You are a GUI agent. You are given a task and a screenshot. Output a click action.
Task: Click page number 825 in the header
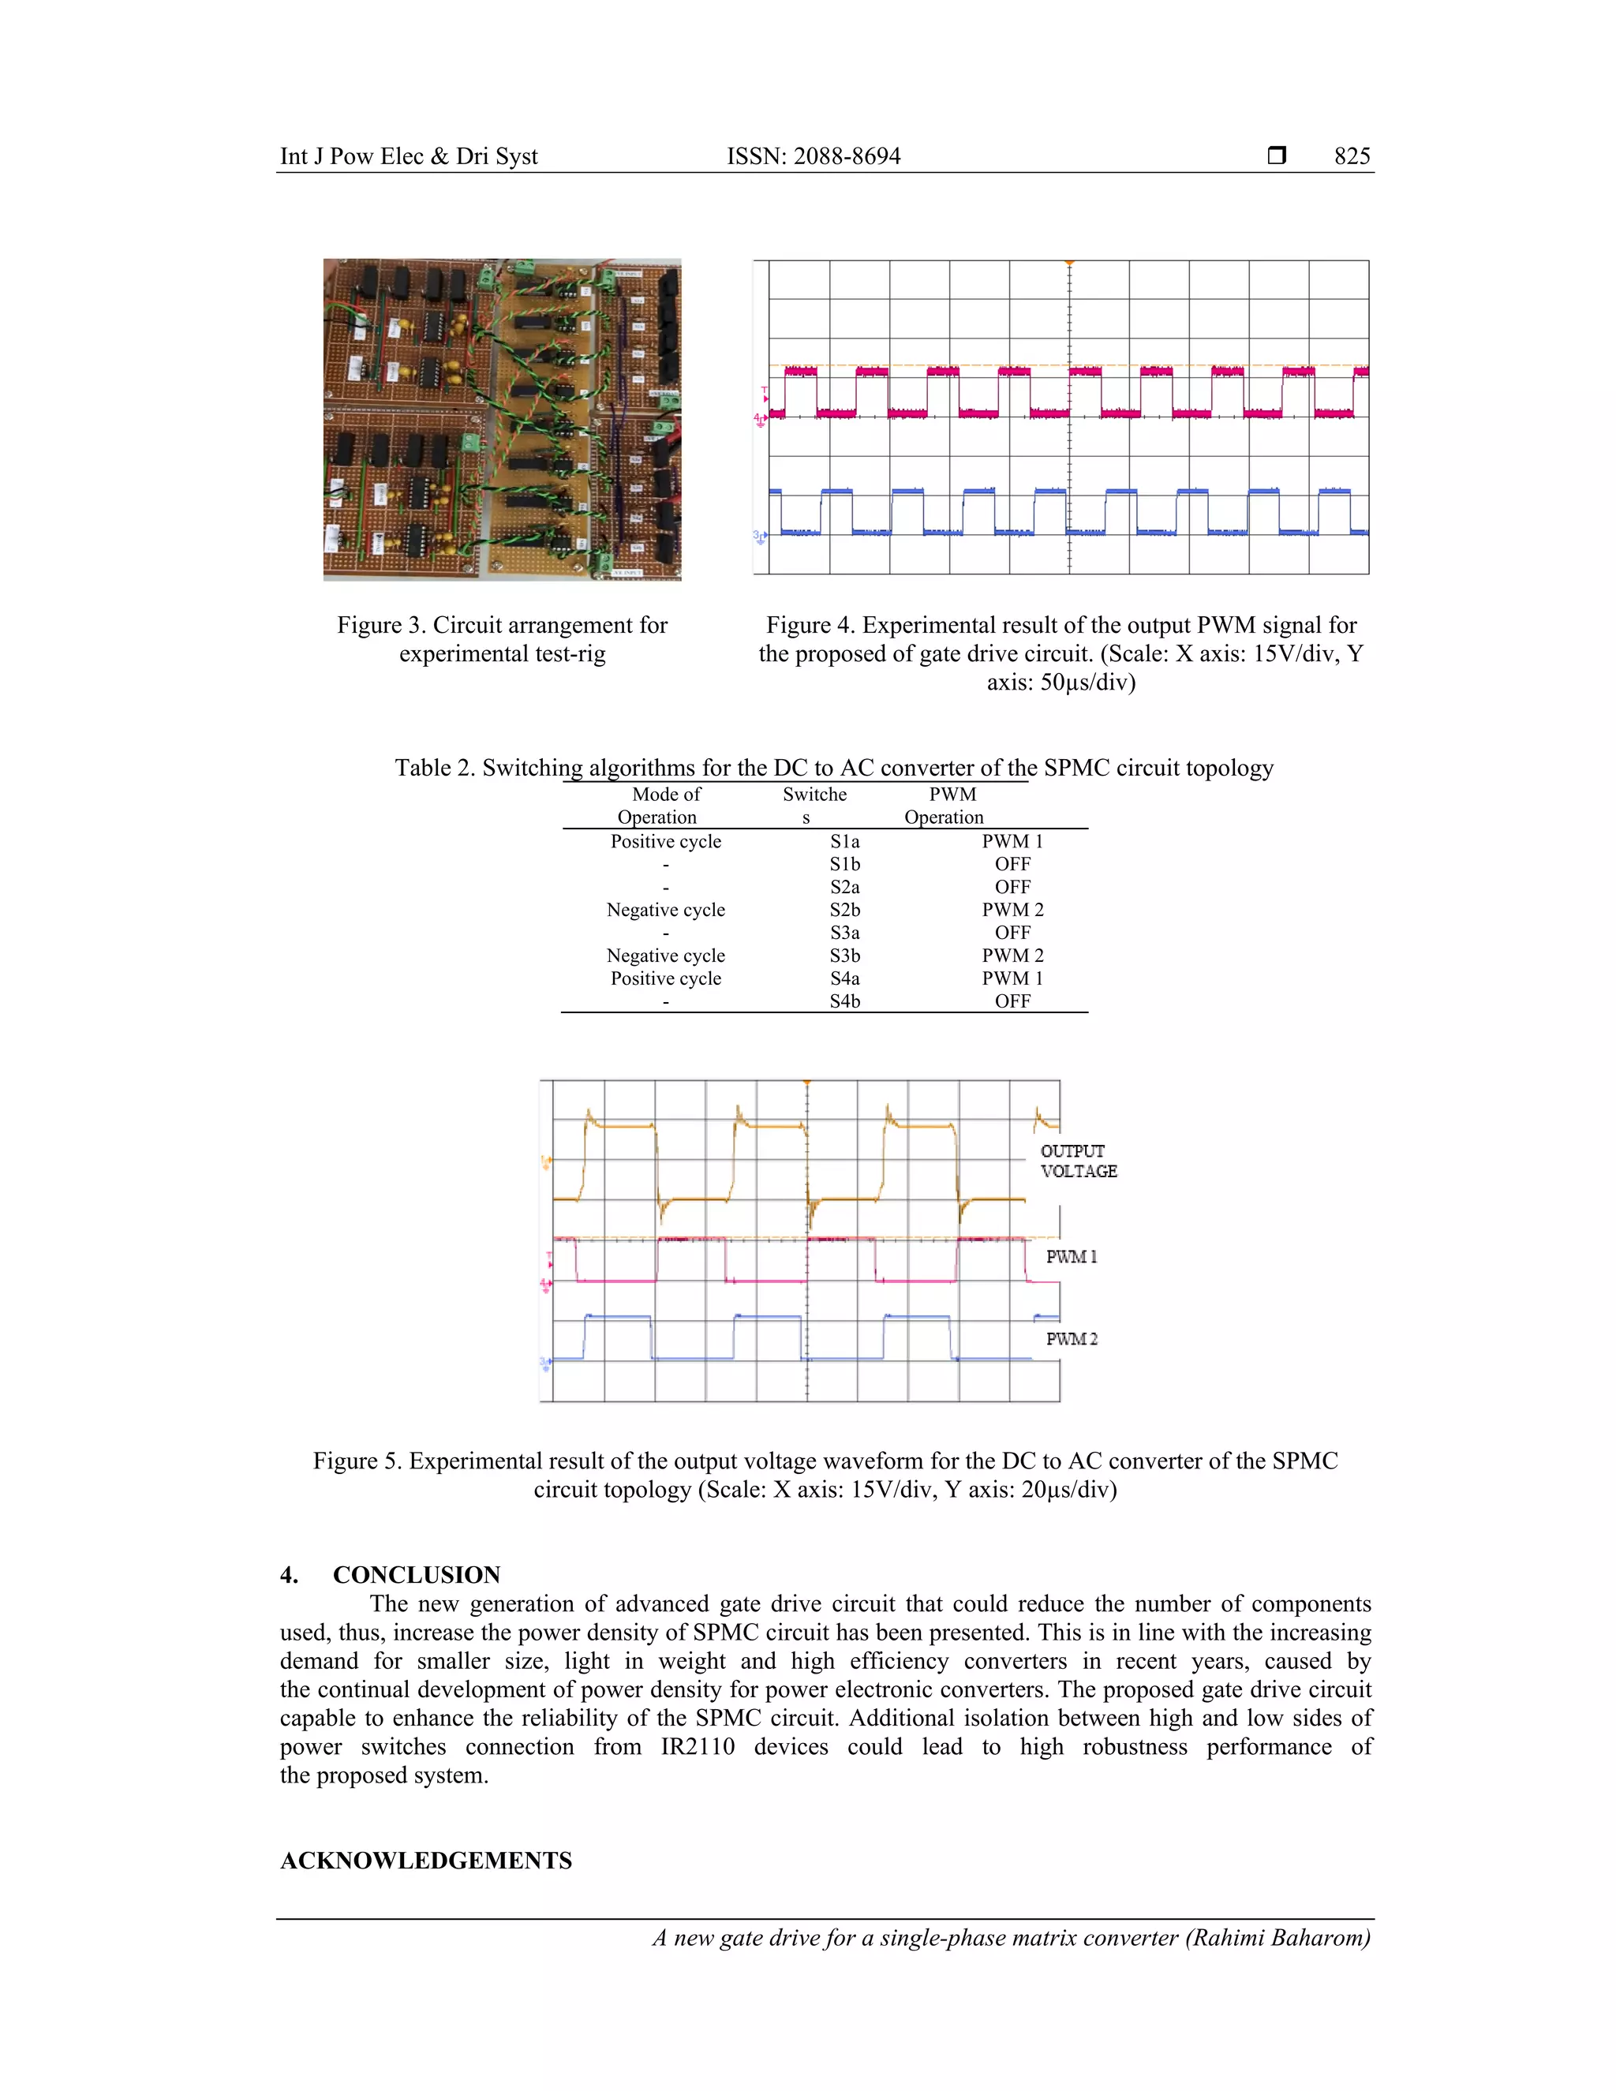point(1352,156)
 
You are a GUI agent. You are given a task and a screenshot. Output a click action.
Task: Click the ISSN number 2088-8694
point(847,156)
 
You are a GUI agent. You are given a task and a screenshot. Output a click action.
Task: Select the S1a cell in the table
point(844,842)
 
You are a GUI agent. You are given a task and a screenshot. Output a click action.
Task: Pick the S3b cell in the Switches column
point(844,956)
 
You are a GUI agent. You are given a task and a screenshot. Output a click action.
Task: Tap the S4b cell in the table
point(844,1001)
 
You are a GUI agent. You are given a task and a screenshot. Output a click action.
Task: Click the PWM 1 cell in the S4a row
point(1012,978)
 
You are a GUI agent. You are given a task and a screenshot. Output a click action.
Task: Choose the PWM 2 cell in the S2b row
point(1012,910)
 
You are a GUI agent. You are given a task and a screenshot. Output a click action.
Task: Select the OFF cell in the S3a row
point(1012,933)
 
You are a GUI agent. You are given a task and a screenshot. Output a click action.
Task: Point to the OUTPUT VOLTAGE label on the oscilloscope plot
point(1078,1161)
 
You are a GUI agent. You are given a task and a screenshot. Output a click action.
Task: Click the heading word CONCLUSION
point(417,1575)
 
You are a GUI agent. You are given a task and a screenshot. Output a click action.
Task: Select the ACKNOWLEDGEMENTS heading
point(426,1861)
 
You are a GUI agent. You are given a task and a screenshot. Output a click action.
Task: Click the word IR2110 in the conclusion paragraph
point(697,1747)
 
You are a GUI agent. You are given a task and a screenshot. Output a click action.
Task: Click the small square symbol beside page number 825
point(1276,155)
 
